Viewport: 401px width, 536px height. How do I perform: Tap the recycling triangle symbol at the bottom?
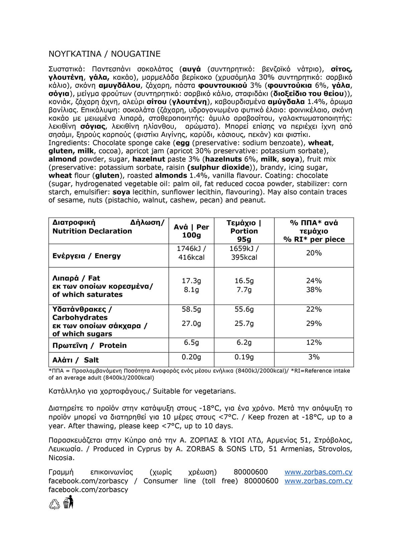pos(54,504)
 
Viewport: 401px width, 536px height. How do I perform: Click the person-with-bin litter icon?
pos(69,502)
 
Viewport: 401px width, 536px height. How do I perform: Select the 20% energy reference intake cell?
pos(314,253)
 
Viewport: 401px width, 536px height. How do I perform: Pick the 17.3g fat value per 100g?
pos(191,281)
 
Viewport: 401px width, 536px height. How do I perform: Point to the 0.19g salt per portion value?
pos(244,357)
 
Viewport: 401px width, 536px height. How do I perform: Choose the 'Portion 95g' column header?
pos(244,231)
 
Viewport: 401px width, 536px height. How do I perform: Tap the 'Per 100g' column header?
pos(191,231)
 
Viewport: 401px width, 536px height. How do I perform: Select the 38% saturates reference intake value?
pos(314,290)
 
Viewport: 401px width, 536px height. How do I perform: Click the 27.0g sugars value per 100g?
pos(191,324)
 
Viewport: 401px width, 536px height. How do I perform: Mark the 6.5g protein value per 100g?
pos(191,342)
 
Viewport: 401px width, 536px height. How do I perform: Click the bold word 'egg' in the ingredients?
pos(182,143)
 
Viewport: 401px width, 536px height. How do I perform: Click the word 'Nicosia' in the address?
pos(61,458)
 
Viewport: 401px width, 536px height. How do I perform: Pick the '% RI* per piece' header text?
pos(314,239)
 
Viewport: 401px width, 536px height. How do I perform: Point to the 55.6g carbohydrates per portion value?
pos(244,309)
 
